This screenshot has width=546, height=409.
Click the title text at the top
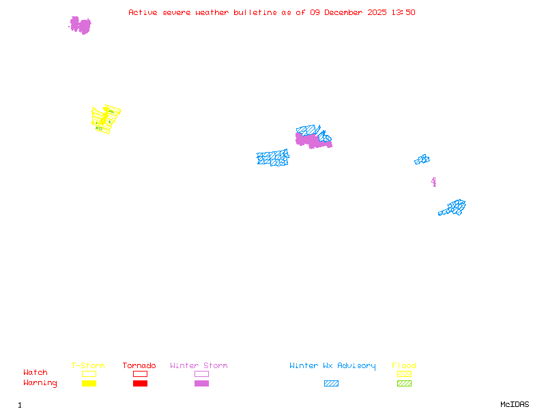(272, 12)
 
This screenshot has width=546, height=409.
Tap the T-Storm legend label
(88, 366)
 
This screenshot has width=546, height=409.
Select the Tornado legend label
(139, 366)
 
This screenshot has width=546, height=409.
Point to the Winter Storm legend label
(199, 366)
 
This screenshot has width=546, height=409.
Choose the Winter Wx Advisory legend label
(332, 366)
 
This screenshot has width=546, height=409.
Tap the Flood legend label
(404, 366)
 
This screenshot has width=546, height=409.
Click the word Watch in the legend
(35, 373)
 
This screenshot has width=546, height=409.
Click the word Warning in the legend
(40, 383)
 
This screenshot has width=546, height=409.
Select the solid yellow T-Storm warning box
(89, 384)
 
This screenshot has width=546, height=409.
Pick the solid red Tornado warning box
(140, 384)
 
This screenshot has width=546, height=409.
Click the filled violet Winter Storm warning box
(201, 384)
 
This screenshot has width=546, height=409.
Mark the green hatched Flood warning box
(404, 384)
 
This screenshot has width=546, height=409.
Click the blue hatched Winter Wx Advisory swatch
(331, 384)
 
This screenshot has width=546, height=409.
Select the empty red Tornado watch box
(140, 374)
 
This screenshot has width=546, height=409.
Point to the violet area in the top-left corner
(80, 25)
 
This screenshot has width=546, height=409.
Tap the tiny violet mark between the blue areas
(433, 181)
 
